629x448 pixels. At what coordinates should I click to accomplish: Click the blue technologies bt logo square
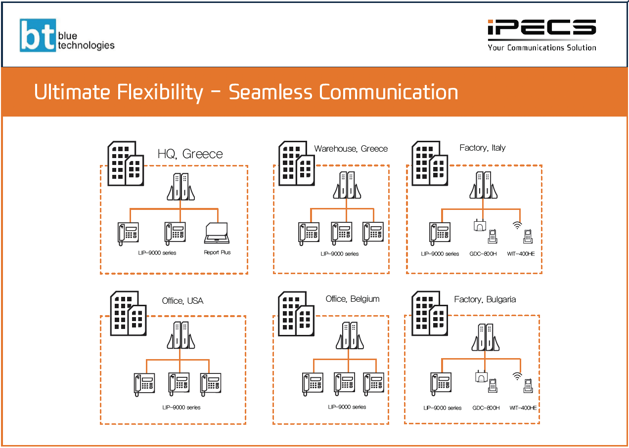38,35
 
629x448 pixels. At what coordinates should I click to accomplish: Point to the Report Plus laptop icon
217,233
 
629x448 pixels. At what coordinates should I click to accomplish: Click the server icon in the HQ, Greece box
180,187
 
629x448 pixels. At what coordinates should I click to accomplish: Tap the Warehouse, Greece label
351,149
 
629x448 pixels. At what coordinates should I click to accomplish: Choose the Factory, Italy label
482,148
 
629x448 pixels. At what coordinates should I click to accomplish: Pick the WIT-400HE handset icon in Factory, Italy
528,236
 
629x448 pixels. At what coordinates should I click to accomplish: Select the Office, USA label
182,301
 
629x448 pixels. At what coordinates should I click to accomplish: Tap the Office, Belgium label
353,299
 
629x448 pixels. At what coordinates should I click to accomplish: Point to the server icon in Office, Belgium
350,335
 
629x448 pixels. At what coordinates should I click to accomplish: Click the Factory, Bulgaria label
485,299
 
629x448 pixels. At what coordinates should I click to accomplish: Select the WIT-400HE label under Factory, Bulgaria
523,408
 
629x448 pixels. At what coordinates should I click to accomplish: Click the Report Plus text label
217,252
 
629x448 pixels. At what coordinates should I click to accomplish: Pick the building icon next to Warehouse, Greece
296,163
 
